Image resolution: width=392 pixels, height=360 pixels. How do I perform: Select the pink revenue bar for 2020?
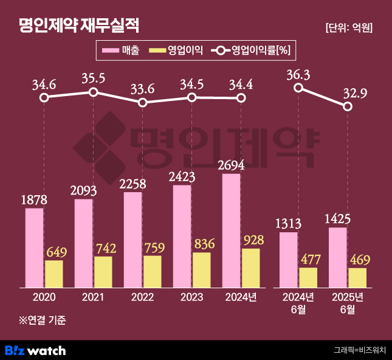(x=35, y=247)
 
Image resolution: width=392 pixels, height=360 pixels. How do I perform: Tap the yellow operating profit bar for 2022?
(x=153, y=271)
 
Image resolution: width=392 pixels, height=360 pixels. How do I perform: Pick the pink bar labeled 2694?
(x=232, y=230)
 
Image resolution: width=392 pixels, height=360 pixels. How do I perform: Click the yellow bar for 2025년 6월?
(x=357, y=277)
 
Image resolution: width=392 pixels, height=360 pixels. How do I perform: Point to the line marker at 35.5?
(x=93, y=92)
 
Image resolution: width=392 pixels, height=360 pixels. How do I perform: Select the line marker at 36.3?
(x=298, y=88)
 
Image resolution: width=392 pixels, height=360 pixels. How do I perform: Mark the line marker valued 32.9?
(x=348, y=106)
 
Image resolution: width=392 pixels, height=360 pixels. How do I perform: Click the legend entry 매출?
(x=121, y=51)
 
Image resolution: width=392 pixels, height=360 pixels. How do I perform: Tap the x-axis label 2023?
(x=192, y=297)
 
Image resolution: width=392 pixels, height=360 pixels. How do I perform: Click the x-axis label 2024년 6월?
(x=298, y=303)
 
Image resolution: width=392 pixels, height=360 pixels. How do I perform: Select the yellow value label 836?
(x=203, y=244)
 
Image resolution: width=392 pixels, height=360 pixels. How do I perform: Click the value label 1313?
(x=289, y=224)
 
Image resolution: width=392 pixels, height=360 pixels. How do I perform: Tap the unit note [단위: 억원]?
(x=349, y=27)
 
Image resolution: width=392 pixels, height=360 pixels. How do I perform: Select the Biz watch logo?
(x=35, y=350)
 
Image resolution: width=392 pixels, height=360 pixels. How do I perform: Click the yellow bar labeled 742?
(x=103, y=272)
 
